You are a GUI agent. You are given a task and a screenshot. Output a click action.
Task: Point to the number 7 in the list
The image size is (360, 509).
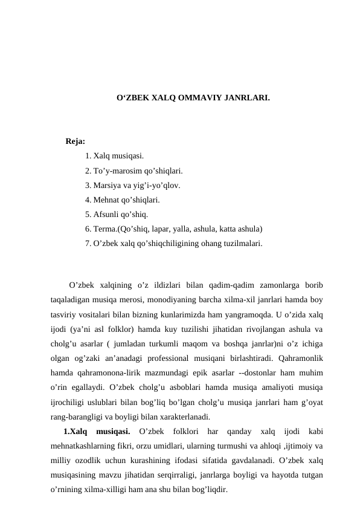[x=88, y=244]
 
